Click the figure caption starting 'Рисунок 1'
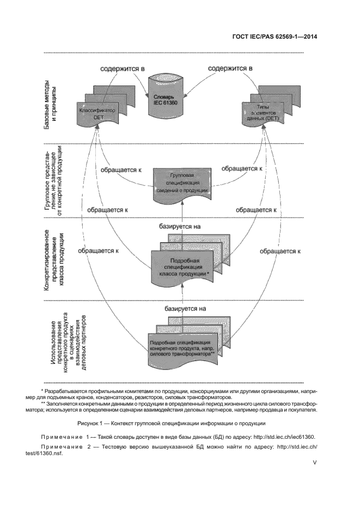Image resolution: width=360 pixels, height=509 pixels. [180, 423]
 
